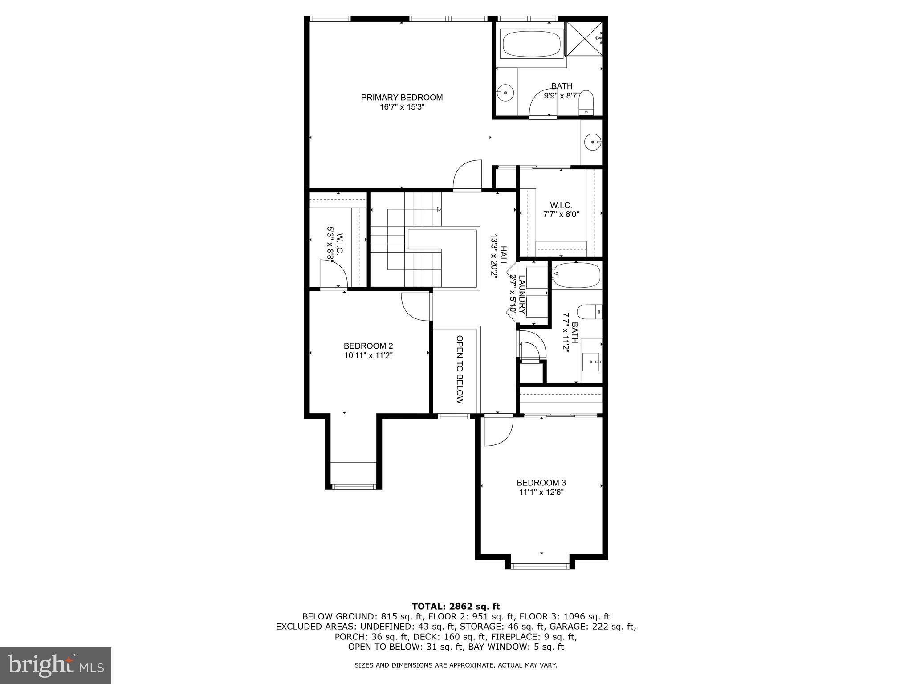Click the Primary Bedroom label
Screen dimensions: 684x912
click(402, 98)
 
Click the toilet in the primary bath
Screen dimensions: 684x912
click(586, 102)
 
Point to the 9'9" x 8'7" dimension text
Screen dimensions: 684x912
click(562, 95)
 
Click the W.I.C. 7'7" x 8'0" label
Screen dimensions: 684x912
click(561, 209)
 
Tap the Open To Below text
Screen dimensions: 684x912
click(460, 369)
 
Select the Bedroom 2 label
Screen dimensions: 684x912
click(368, 346)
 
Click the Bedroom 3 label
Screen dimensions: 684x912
click(541, 483)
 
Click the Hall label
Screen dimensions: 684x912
click(503, 256)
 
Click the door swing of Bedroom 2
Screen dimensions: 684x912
click(415, 307)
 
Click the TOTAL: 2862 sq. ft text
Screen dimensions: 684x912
click(456, 607)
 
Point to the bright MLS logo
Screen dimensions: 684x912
click(56, 665)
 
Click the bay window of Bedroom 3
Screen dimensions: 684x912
click(540, 566)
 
